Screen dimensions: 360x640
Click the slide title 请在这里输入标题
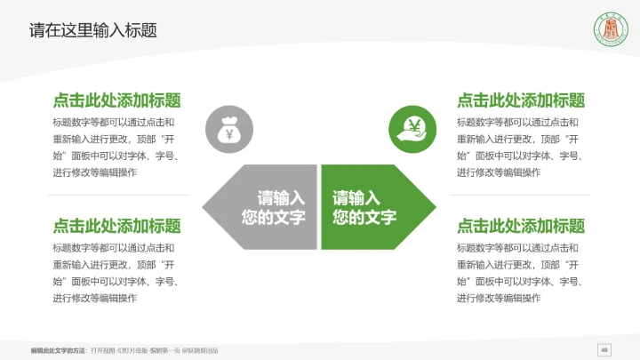point(93,30)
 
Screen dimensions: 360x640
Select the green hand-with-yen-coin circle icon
point(412,130)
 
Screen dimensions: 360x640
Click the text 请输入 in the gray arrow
point(281,198)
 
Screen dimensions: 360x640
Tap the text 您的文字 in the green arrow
point(364,218)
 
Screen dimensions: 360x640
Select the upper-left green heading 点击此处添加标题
point(116,100)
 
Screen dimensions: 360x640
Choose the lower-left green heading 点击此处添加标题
point(116,226)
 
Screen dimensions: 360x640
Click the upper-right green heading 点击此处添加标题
point(521,100)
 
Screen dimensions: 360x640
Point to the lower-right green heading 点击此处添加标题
point(521,226)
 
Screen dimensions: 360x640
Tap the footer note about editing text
point(124,350)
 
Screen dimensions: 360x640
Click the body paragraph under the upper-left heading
point(116,148)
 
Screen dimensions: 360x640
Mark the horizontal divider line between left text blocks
point(116,196)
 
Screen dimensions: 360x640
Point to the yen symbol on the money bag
point(228,134)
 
